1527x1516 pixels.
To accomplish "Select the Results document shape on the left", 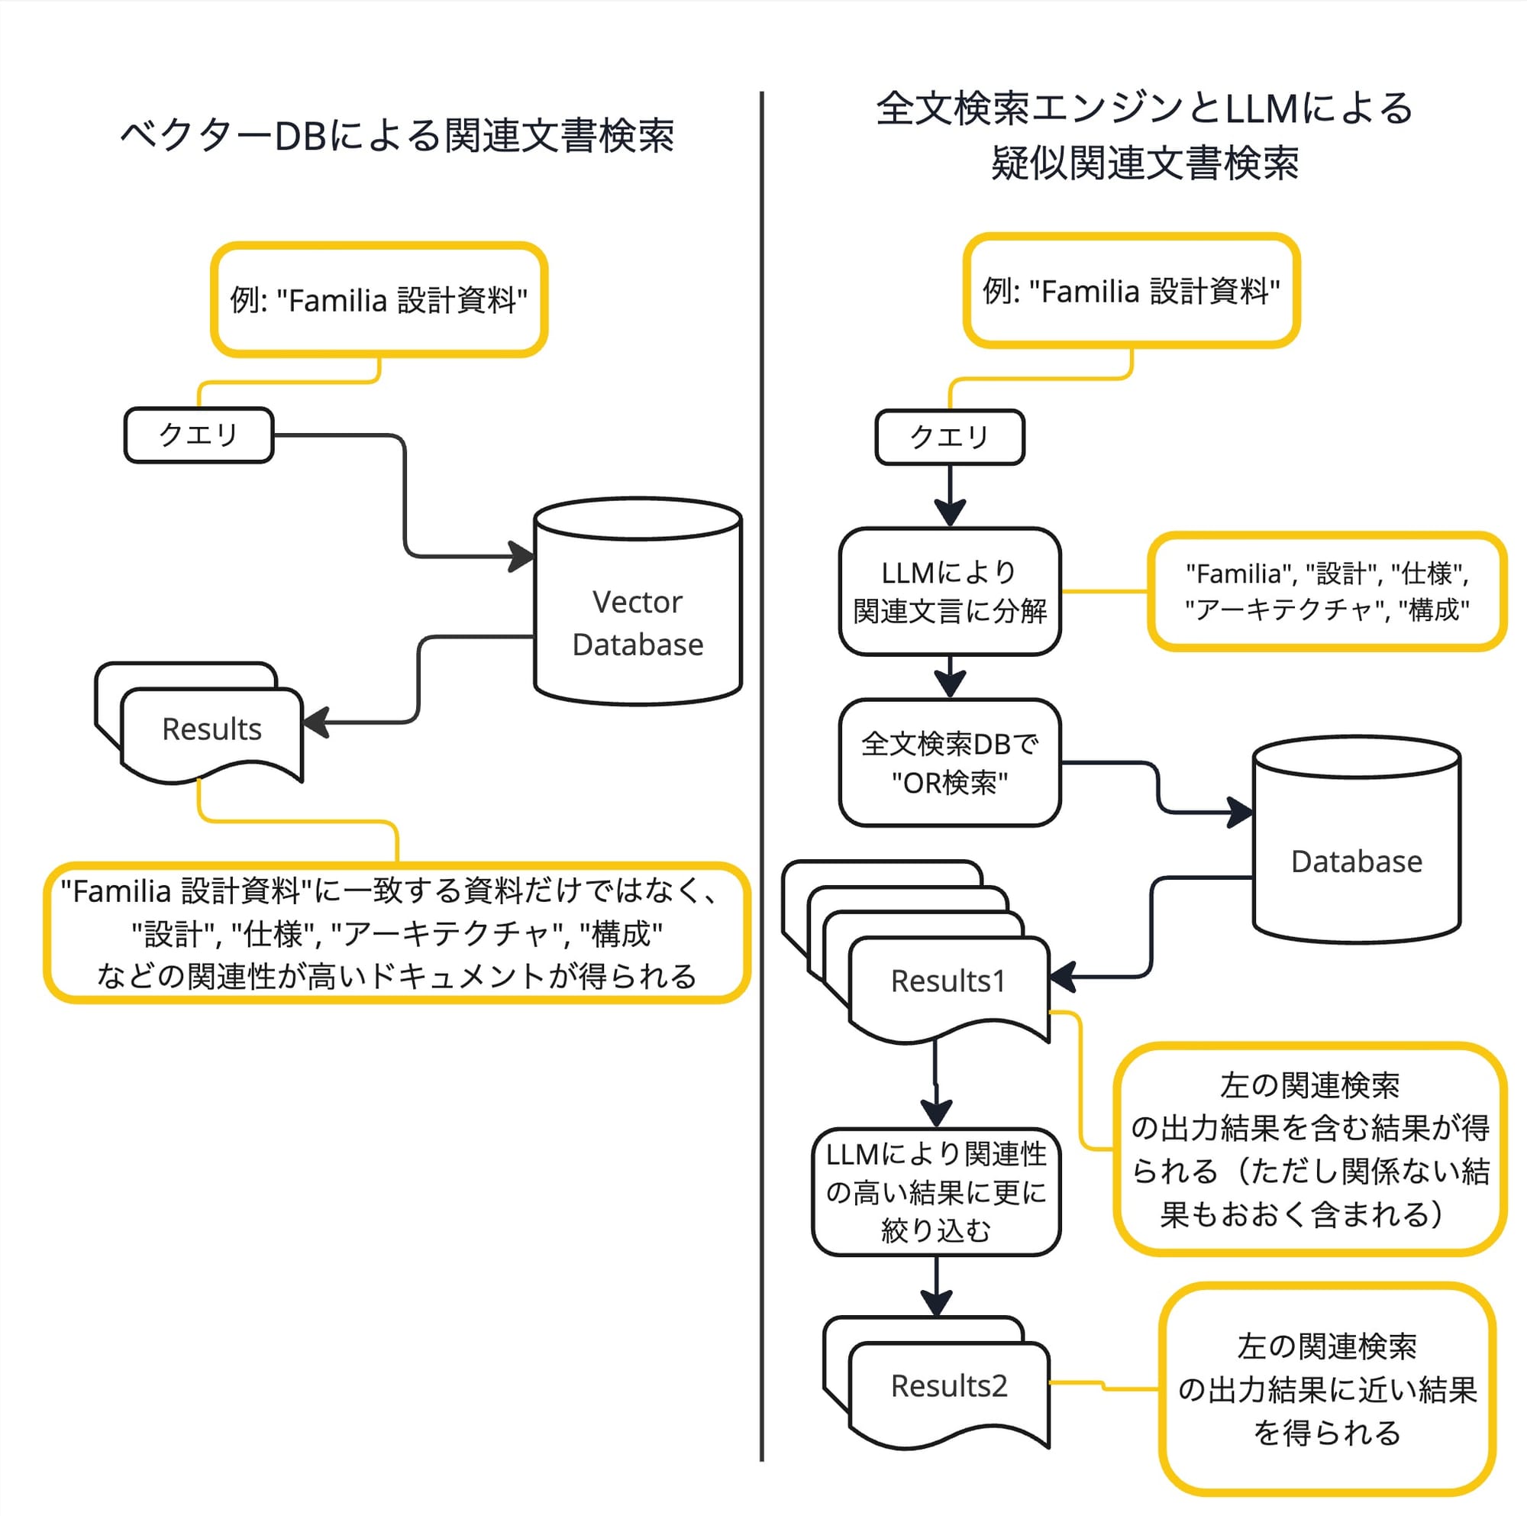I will [211, 728].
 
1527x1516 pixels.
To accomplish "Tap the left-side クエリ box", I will [199, 435].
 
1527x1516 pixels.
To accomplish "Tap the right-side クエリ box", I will [949, 437].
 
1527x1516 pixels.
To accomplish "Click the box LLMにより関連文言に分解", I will [949, 591].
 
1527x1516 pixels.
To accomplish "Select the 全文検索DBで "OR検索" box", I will [949, 762].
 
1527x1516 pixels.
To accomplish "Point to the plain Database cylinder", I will [1355, 860].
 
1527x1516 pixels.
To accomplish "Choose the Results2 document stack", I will [948, 1385].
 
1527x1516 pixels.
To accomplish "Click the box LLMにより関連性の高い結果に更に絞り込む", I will [936, 1191].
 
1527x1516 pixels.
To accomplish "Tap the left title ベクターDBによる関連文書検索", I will [397, 135].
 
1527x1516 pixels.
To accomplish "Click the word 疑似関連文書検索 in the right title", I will [1144, 163].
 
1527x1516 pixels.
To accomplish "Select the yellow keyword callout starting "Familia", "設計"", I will [1326, 591].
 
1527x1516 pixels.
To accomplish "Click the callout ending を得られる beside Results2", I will [1326, 1388].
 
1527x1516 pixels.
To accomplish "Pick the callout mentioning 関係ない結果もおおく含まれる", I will [1309, 1149].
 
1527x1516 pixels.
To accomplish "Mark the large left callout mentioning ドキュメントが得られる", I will [397, 933].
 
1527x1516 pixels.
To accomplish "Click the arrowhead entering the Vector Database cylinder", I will [521, 556].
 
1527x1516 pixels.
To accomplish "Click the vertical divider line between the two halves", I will [762, 774].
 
